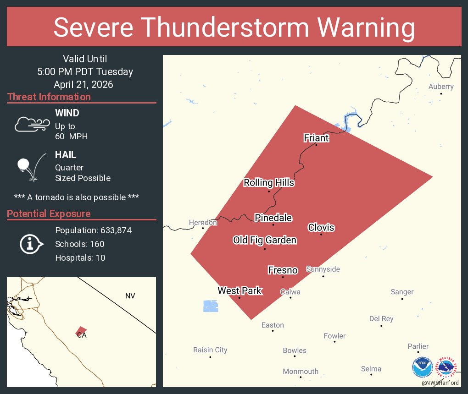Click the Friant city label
click(316, 137)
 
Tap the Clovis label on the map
click(321, 227)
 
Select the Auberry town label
click(441, 87)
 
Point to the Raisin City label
click(210, 350)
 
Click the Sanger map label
click(402, 292)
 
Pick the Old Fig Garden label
click(265, 240)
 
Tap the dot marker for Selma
click(371, 374)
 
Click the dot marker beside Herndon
click(203, 228)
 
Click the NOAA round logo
click(422, 367)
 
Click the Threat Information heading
click(49, 97)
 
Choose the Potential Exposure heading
click(49, 213)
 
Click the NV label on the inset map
click(130, 296)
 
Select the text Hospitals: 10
click(80, 258)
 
